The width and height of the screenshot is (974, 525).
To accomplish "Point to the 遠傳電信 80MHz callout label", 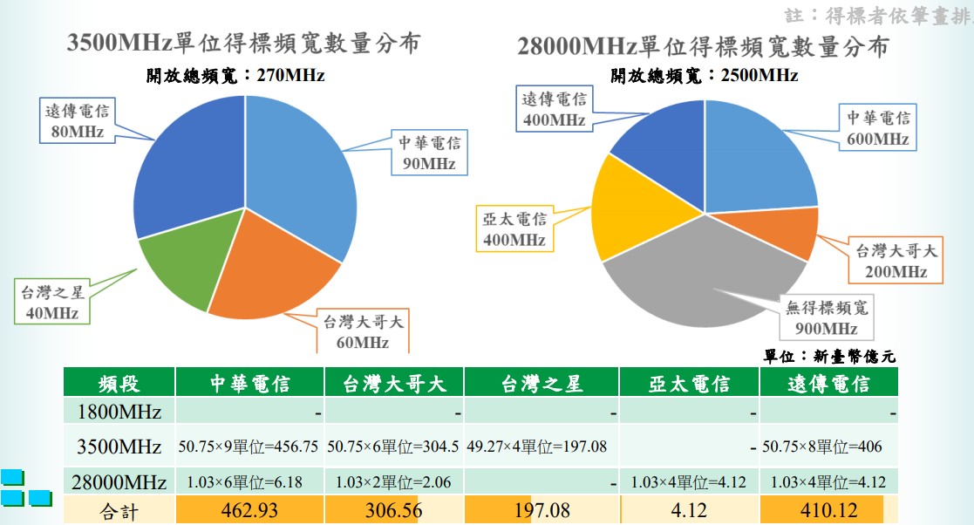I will [x=78, y=121].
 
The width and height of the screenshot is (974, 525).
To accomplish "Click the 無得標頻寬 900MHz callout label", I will [x=826, y=317].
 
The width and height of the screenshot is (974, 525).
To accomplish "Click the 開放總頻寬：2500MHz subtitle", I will [x=705, y=76].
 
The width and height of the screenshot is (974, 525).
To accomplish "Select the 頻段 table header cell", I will [x=119, y=383].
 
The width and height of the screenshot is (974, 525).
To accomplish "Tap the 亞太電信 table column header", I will [x=689, y=383].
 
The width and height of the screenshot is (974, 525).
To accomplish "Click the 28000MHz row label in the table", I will [x=119, y=481].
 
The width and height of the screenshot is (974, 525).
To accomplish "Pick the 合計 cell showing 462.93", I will [x=249, y=510].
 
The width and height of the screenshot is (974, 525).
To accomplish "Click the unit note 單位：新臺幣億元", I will [x=829, y=356].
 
